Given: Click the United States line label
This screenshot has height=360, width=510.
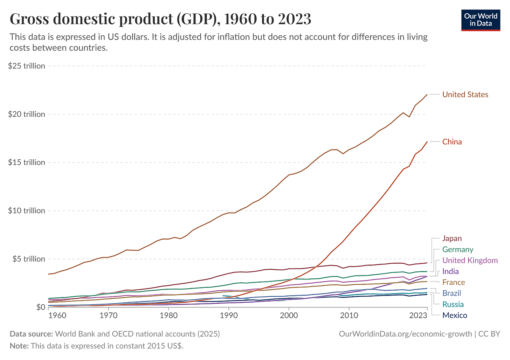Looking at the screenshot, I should coord(465,95).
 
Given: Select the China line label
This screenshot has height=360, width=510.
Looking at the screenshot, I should coord(452,142).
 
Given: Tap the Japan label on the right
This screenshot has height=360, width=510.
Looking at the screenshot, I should coord(452,238).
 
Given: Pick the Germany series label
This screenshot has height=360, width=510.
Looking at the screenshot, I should coord(457,250).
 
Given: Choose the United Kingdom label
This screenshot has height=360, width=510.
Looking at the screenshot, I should coord(470,261).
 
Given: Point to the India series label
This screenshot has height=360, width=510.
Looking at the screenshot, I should coord(450,271).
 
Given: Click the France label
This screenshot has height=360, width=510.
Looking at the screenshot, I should coord(454,282).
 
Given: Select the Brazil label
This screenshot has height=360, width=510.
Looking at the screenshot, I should coord(452,293).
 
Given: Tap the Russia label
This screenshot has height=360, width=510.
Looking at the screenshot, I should coord(453,304).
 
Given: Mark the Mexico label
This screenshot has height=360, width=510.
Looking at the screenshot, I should coord(455,316).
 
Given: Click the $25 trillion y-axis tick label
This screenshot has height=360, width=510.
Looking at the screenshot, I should coord(27,66).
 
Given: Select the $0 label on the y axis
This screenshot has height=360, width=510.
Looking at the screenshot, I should coord(40,307).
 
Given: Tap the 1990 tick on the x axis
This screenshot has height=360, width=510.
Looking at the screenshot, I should coord(229,315).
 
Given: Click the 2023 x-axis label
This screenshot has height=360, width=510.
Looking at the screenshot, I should coord(418,315).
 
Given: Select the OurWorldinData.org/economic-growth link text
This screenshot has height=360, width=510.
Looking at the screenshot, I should coord(405,334).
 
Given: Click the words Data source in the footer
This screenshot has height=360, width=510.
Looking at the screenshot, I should coord(31,334).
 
